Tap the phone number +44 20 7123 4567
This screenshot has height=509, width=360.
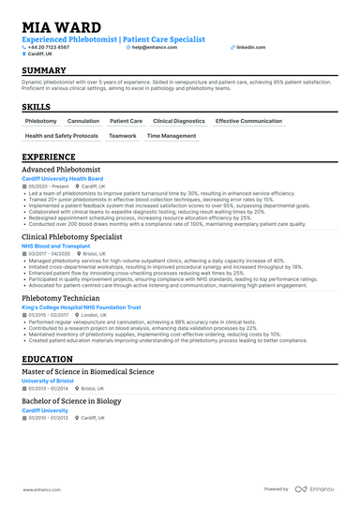58,46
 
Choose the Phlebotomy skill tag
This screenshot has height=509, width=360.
40,121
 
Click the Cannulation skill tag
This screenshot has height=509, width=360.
83,121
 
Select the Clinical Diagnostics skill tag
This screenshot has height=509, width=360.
178,121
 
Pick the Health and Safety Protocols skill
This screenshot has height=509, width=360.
61,136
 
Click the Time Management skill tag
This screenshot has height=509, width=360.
172,136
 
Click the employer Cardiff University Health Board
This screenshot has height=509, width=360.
62,178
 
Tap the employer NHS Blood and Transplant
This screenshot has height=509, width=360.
56,246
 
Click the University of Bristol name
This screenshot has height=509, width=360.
49,381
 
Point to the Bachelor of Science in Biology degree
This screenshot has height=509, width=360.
73,401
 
